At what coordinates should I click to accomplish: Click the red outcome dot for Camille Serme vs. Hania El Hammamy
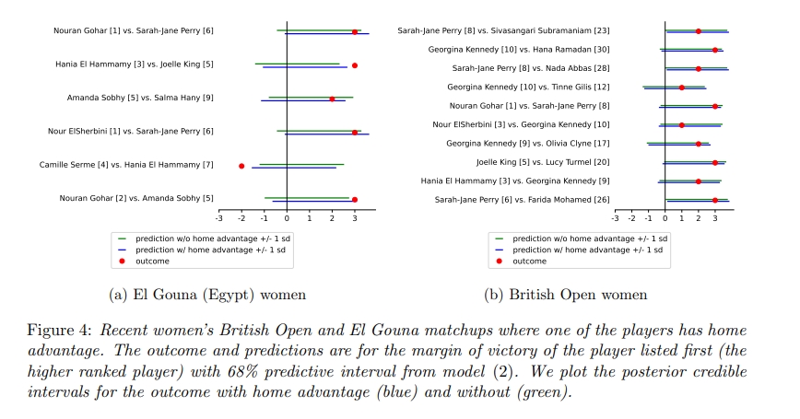pyautogui.click(x=241, y=166)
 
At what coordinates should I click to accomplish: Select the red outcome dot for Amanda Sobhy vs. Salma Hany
pyautogui.click(x=332, y=99)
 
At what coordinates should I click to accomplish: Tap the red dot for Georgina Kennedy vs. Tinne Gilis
pyautogui.click(x=682, y=87)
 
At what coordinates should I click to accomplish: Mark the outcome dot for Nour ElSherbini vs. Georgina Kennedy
pyautogui.click(x=682, y=125)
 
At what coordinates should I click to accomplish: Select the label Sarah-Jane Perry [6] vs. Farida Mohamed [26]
pyautogui.click(x=522, y=200)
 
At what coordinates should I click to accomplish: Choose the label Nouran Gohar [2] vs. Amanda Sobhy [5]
pyautogui.click(x=136, y=198)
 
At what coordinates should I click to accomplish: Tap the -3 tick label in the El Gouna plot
pyautogui.click(x=218, y=218)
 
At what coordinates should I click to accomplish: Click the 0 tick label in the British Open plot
pyautogui.click(x=665, y=218)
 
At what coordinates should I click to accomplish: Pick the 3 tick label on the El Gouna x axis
pyautogui.click(x=354, y=218)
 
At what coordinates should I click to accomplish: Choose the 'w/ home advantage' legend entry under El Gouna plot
pyautogui.click(x=205, y=250)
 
